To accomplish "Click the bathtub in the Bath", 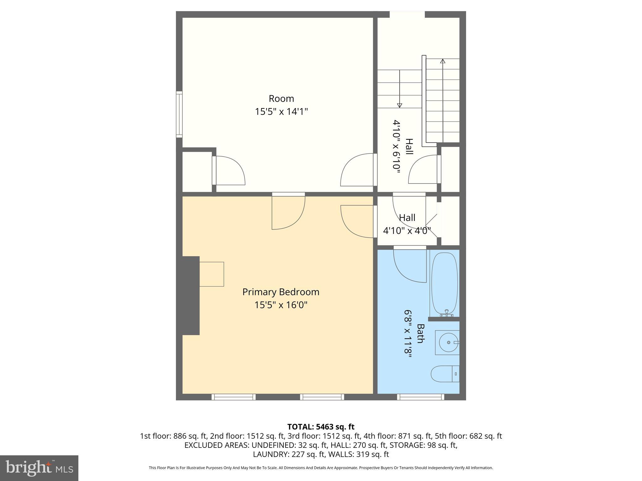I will tap(445, 283).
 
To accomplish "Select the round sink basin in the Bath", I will tap(448, 343).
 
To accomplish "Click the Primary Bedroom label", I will tap(281, 292).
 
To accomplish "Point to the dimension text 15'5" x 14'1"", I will tap(281, 111).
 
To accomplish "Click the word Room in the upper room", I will tap(281, 99).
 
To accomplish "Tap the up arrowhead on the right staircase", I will tap(443, 61).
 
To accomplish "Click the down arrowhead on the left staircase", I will tap(399, 106).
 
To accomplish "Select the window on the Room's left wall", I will tap(179, 114).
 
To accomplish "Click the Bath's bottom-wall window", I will tap(420, 397).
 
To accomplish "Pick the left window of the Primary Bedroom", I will tap(234, 397).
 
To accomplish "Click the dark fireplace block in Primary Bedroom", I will tap(191, 295).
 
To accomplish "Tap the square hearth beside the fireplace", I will tap(212, 274).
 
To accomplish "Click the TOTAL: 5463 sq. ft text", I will tap(321, 427).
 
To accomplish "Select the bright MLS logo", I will tap(39, 468).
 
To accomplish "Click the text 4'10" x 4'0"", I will tap(407, 231).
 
